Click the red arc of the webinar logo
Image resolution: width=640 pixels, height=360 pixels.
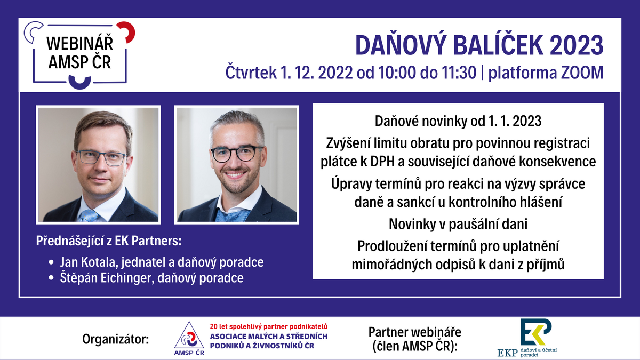[127, 31]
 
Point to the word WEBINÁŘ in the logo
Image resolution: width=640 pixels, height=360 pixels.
[79, 43]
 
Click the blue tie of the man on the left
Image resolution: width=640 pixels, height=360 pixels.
[89, 215]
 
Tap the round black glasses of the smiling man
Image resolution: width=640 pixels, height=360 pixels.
[237, 154]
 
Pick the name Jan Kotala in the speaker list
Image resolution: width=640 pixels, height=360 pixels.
[89, 262]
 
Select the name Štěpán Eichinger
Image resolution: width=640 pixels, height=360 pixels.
[105, 278]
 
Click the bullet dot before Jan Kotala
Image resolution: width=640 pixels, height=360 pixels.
[51, 262]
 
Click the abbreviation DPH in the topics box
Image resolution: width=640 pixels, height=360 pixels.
[382, 162]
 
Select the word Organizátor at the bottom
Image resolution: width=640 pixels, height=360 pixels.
[116, 339]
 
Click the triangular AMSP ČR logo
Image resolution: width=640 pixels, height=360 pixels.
[189, 338]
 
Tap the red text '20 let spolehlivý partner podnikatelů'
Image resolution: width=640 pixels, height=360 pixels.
[269, 326]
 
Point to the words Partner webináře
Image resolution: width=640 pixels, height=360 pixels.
[415, 332]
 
